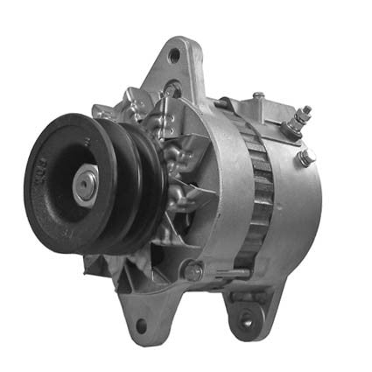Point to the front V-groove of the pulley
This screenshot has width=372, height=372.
[x=131, y=188]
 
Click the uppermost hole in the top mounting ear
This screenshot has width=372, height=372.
[x=174, y=56]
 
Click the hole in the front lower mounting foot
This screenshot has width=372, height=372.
[x=141, y=326]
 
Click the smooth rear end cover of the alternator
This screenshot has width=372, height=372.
[x=298, y=210]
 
